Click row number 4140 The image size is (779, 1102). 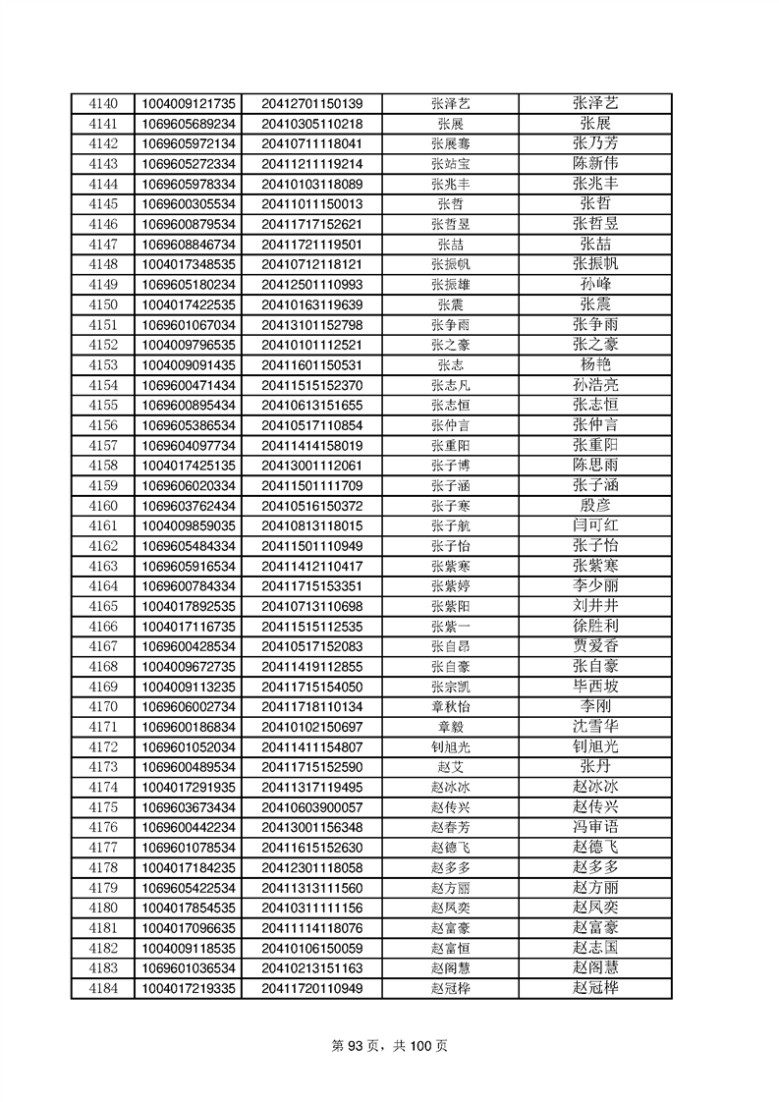[x=102, y=103]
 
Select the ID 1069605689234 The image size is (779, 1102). [x=189, y=124]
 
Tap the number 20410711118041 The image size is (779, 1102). [x=311, y=143]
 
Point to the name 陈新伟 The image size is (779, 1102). [x=595, y=163]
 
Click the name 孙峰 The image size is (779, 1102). [x=595, y=284]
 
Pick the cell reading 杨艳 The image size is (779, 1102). [x=595, y=364]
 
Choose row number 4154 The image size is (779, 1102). [x=102, y=385]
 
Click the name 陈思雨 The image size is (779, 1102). [x=595, y=466]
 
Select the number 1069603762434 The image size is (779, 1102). [x=189, y=506]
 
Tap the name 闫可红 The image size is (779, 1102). [x=595, y=525]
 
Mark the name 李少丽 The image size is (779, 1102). [x=595, y=586]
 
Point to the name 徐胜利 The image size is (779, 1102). [x=595, y=627]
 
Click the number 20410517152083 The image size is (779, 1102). [x=311, y=646]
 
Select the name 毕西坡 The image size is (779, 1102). [x=595, y=687]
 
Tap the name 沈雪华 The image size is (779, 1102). [x=595, y=727]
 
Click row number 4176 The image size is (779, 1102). [x=102, y=828]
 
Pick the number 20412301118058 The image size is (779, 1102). [x=311, y=868]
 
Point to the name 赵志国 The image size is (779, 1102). [x=595, y=948]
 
